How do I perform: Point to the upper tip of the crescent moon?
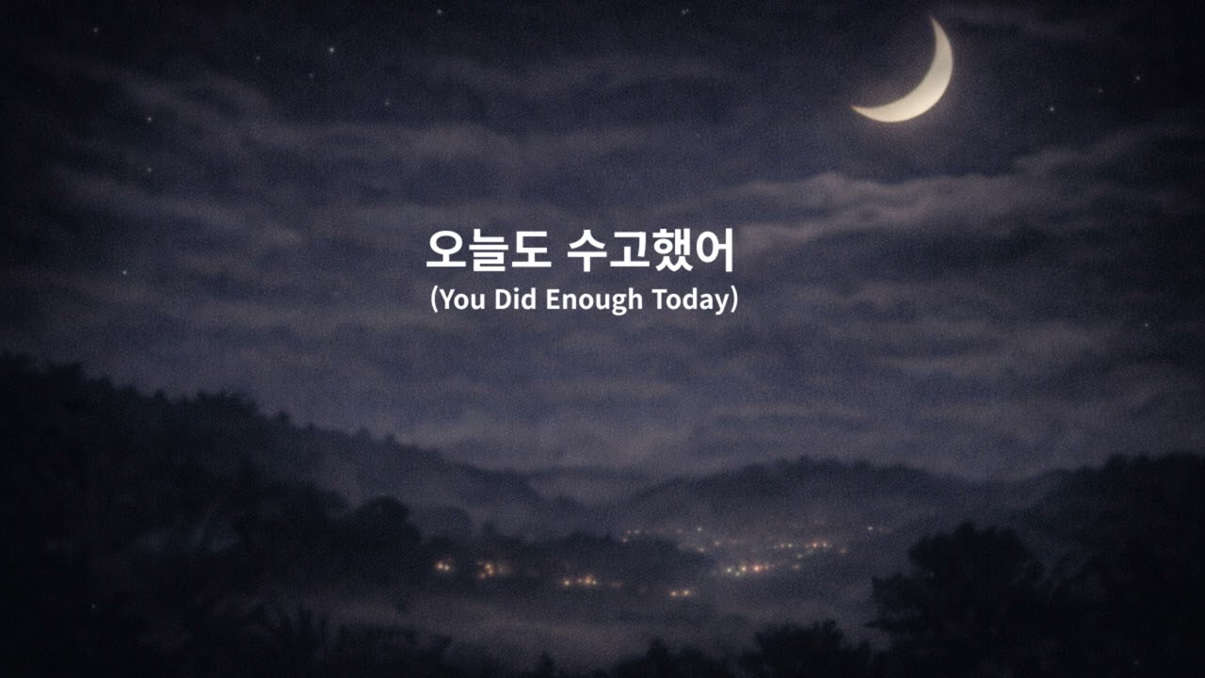(935, 21)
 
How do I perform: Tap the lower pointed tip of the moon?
(856, 110)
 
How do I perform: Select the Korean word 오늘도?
(488, 250)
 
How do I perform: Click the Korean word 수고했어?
(651, 250)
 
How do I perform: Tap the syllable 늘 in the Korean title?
(488, 250)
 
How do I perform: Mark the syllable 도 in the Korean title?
(529, 250)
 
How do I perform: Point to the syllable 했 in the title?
(672, 250)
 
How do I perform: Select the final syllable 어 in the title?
(714, 250)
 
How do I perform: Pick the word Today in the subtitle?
(690, 300)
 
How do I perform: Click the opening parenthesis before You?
(434, 300)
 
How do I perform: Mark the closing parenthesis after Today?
(733, 300)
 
